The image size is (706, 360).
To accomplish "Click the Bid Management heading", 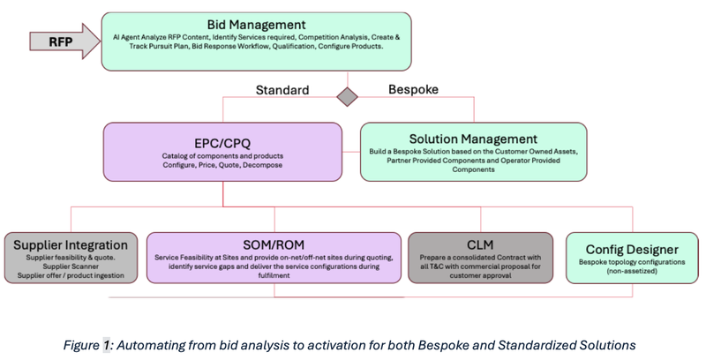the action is point(256,25).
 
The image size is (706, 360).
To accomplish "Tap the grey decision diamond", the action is point(348,97).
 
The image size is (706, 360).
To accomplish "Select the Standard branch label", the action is point(282,90).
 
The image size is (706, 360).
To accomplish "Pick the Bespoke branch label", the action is point(413,89).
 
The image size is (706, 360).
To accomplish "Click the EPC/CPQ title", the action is point(222,143).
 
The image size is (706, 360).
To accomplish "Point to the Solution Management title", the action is point(473,139).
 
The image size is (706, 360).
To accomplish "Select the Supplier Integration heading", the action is point(71,244).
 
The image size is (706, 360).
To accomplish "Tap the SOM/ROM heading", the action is point(274,244).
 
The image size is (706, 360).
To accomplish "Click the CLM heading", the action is point(480,244).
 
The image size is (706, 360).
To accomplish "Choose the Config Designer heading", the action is point(632,250).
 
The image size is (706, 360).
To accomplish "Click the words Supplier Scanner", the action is point(71,266).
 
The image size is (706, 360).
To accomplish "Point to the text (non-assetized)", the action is point(632,271).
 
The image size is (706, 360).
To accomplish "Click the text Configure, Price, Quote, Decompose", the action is point(222,165).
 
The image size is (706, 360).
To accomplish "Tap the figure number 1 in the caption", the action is point(106,346).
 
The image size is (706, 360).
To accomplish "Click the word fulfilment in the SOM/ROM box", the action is point(274,275).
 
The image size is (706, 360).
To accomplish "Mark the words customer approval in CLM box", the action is point(480,275).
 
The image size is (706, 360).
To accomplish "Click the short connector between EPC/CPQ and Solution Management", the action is point(351,152).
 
